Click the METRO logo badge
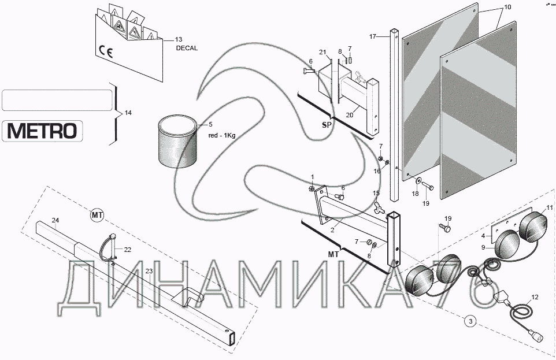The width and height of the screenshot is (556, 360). pyautogui.click(x=43, y=131)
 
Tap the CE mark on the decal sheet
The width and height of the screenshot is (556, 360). pyautogui.click(x=106, y=52)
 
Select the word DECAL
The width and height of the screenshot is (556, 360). pyautogui.click(x=187, y=48)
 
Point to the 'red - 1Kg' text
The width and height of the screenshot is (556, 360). pyautogui.click(x=222, y=135)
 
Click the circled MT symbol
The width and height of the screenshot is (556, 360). pyautogui.click(x=97, y=215)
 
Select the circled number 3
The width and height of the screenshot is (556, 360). pyautogui.click(x=470, y=322)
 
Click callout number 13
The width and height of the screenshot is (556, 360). pyautogui.click(x=179, y=39)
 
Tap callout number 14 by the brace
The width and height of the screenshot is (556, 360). pyautogui.click(x=128, y=113)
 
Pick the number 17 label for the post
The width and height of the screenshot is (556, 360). pyautogui.click(x=372, y=36)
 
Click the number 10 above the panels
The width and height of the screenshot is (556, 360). pyautogui.click(x=508, y=7)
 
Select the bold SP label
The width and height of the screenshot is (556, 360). pyautogui.click(x=327, y=125)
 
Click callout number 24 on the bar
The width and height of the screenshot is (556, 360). pyautogui.click(x=55, y=220)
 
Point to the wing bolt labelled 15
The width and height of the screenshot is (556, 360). pyautogui.click(x=379, y=209)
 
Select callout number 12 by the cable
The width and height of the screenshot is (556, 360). pyautogui.click(x=535, y=297)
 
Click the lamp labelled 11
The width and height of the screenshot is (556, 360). pyautogui.click(x=533, y=227)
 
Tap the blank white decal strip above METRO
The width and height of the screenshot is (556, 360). pyautogui.click(x=57, y=100)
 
